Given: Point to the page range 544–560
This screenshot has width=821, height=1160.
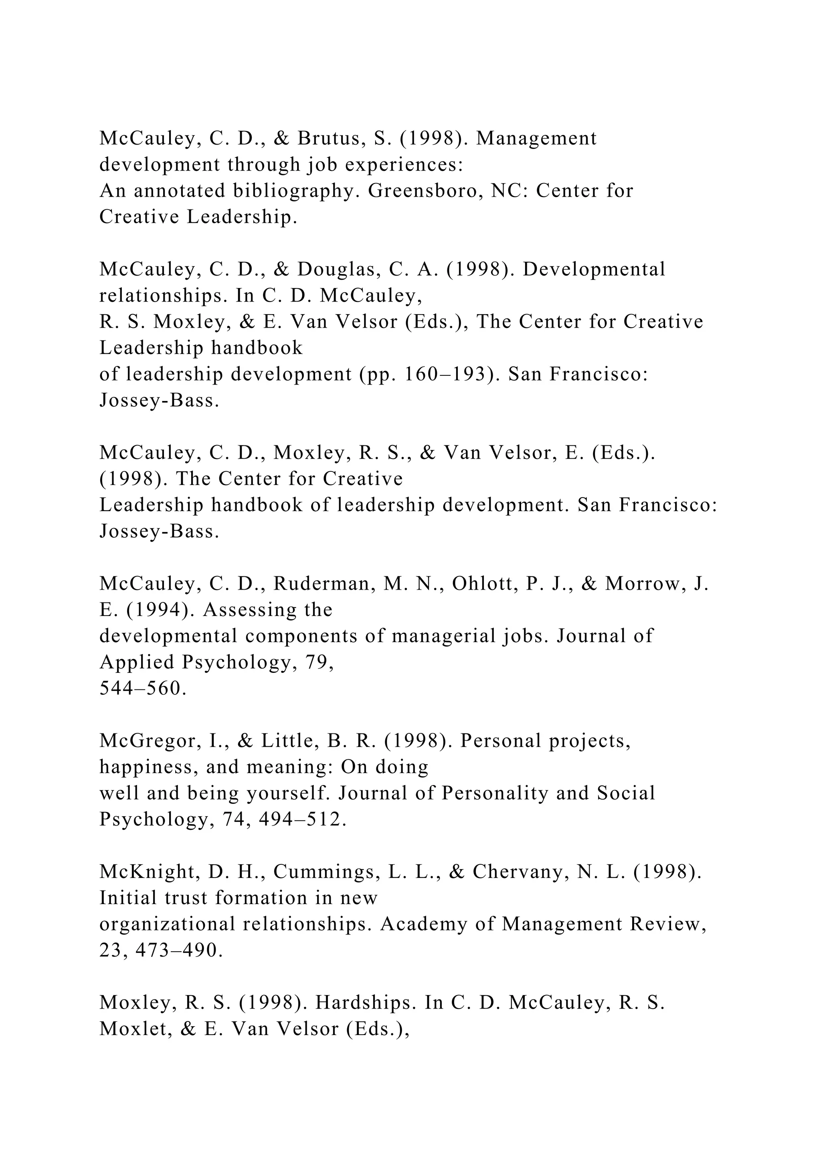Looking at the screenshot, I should [143, 689].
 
